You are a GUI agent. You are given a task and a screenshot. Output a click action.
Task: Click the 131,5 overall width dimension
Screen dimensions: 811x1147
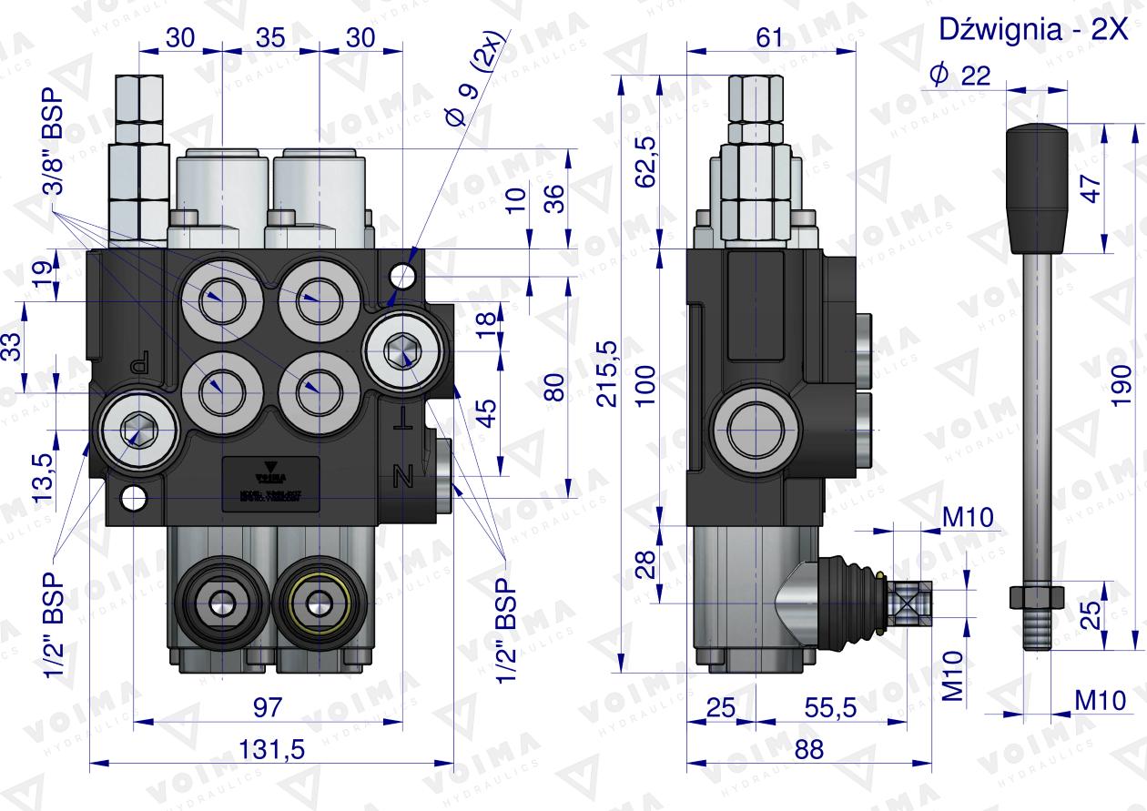(270, 749)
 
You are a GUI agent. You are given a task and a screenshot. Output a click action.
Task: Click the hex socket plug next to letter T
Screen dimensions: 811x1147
(398, 349)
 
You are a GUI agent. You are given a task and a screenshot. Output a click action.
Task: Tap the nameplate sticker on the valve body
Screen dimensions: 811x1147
(268, 479)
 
